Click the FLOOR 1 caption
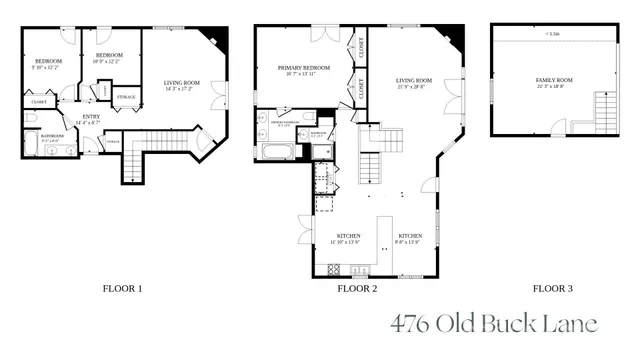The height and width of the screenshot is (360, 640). coord(123,289)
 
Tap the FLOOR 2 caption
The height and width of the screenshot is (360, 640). coord(357,289)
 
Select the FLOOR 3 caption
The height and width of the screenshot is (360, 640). coord(552,289)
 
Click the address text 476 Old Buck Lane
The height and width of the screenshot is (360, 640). coord(493,324)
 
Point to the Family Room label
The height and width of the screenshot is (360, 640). coord(554,82)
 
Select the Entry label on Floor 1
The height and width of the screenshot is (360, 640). coord(90,119)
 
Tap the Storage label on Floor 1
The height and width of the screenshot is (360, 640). coord(127,97)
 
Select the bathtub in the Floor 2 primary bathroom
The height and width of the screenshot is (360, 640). coord(276,152)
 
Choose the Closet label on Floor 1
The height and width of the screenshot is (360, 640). coord(39,102)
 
